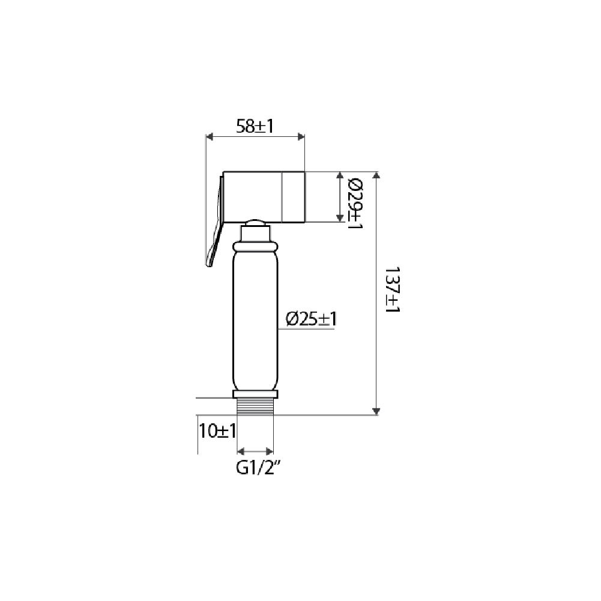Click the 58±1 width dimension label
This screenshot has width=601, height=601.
click(x=255, y=126)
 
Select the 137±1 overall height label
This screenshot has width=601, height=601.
click(x=393, y=290)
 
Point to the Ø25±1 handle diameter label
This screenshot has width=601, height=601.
click(x=312, y=319)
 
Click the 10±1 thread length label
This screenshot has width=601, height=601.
click(x=217, y=431)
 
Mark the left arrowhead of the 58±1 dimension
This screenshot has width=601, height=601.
click(x=210, y=136)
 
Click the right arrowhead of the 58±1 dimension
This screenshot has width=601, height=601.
click(x=301, y=136)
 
